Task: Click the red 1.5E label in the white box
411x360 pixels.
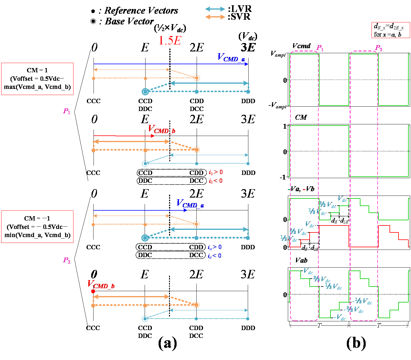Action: [170, 41]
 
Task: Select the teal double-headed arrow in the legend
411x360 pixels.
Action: [215, 9]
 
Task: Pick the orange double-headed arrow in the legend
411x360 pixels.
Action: [215, 17]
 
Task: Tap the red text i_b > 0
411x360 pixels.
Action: [216, 172]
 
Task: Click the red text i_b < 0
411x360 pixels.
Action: [216, 181]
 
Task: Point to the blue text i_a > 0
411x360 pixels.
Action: [215, 247]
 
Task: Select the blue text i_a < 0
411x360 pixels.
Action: [215, 256]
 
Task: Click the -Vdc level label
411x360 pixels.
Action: [340, 318]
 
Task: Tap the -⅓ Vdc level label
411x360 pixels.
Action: [364, 301]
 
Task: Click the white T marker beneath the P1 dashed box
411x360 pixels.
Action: [319, 326]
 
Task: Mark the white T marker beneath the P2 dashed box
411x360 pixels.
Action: [378, 326]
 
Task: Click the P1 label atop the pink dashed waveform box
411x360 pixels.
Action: [320, 48]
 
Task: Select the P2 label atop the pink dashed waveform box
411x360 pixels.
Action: [379, 48]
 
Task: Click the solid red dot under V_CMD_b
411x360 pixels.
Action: [93, 291]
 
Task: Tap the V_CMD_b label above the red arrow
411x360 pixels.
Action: [161, 129]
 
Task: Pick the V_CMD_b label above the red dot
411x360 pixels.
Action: [101, 284]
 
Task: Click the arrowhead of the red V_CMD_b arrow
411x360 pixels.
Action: [153, 136]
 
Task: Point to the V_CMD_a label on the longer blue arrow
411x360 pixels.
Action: [231, 58]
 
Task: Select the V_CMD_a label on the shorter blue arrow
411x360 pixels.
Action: [190, 203]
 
